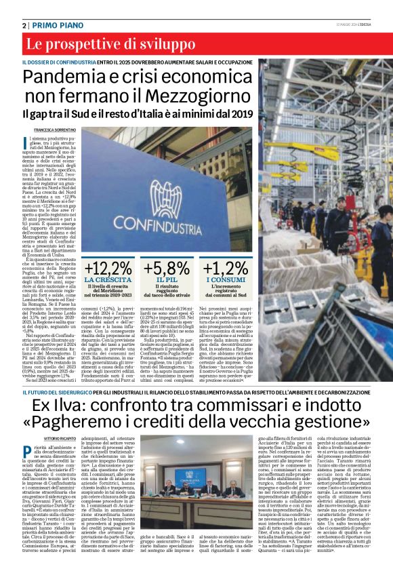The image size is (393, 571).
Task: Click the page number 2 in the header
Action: (24, 25)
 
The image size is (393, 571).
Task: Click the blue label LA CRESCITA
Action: (108, 279)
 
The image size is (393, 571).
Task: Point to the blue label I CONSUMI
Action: (226, 279)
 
